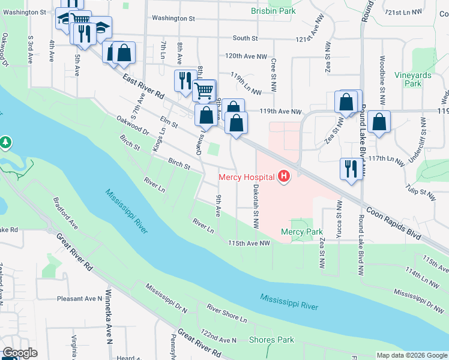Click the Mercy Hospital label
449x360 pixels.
246,177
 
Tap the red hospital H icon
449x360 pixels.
284,176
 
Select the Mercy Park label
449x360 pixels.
301,232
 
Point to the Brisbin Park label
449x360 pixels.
273,11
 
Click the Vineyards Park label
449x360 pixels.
412,80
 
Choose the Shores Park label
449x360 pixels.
271,340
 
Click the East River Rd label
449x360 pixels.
143,88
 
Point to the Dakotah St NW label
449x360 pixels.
256,206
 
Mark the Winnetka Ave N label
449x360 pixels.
109,325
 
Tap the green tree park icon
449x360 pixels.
5,142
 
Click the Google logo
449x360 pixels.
20,353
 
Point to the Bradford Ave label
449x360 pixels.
65,214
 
